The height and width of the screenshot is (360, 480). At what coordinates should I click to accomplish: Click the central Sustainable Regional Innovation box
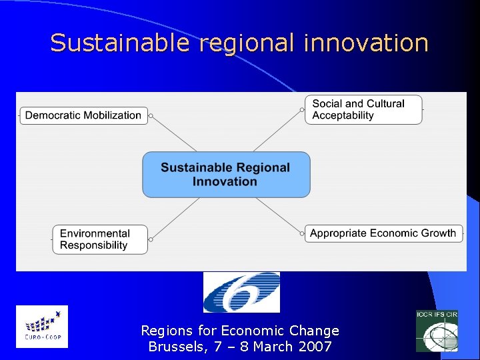[x=226, y=175]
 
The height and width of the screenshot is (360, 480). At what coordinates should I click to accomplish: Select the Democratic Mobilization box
[x=83, y=115]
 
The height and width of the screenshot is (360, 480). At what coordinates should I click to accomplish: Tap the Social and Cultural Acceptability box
[x=363, y=109]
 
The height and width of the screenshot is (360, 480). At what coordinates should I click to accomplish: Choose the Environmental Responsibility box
[x=99, y=239]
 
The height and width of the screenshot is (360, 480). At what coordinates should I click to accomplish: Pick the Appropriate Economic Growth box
[x=383, y=233]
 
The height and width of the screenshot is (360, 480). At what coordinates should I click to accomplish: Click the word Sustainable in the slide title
[x=119, y=43]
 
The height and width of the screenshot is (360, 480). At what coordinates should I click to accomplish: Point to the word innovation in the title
[x=366, y=43]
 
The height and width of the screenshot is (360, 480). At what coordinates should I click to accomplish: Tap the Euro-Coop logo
[x=41, y=327]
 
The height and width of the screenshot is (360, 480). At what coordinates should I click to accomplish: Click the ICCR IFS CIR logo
[x=437, y=331]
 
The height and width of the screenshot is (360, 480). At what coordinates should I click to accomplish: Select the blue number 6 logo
[x=241, y=292]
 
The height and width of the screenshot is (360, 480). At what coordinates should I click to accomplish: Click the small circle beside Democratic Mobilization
[x=151, y=116]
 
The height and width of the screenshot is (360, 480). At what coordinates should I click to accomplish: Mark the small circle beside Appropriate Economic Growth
[x=301, y=233]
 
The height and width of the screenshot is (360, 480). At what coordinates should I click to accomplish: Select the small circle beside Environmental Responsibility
[x=151, y=239]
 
